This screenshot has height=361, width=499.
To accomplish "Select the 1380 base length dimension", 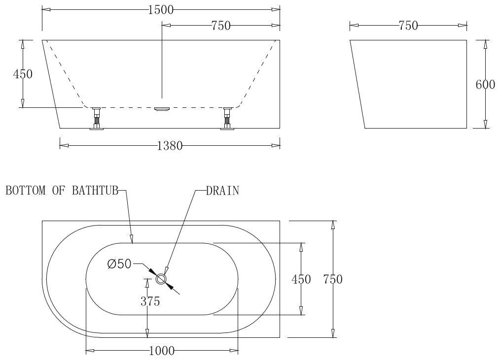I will [170, 146].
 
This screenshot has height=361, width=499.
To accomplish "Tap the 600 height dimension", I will [485, 85].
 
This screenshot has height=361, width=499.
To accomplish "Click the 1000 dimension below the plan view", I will [162, 351].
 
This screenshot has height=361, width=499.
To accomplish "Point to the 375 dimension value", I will [150, 301].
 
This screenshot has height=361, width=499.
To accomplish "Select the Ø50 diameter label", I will [119, 264].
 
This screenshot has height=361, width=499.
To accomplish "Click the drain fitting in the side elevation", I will [162, 109].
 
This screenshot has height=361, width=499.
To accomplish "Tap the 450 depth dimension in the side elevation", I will [23, 74].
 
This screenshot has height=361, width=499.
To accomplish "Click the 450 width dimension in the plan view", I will [301, 280].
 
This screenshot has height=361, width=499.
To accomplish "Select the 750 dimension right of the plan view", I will [333, 280].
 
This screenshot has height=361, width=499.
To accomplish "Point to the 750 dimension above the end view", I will [408, 26].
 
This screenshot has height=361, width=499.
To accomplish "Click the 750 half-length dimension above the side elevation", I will [221, 26].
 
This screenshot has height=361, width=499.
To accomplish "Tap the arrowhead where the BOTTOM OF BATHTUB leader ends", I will [132, 240].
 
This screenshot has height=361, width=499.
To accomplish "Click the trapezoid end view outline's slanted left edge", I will [357, 84].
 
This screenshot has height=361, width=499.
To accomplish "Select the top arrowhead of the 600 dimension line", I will [485, 44].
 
